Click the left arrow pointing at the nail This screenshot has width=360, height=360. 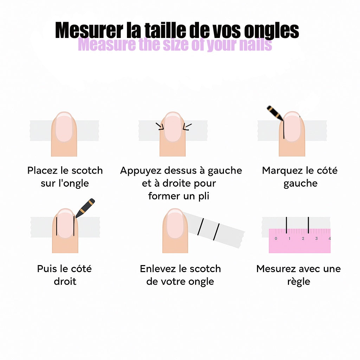coord(160,126)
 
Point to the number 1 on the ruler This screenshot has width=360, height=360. coord(289,239)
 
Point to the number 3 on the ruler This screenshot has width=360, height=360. coord(316,239)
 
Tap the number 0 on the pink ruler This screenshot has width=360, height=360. coord(276,239)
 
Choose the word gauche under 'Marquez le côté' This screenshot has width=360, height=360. coord(300,184)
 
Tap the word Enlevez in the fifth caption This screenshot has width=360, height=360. coord(158,269)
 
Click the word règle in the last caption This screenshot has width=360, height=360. coord(298,282)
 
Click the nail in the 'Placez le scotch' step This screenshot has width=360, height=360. coord(64,128)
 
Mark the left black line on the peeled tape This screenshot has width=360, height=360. coord(200,226)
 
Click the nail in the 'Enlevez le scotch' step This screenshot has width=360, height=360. coord(175,225)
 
